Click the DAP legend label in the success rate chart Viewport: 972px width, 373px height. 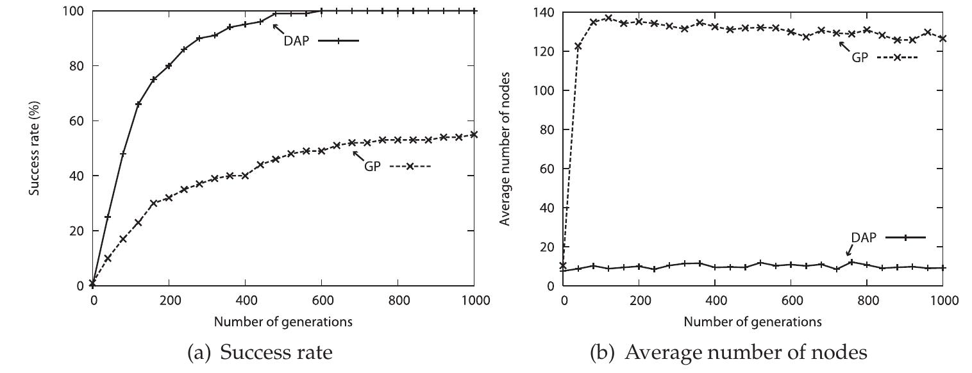[x=296, y=41]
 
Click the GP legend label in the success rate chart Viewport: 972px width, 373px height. [x=373, y=167]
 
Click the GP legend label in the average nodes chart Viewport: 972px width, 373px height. [x=859, y=57]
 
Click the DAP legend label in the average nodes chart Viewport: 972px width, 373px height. [x=863, y=237]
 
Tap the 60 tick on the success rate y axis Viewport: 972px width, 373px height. [x=79, y=120]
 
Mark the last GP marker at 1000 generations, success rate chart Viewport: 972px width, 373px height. [x=474, y=135]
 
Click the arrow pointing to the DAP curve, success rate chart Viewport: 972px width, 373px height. [x=278, y=29]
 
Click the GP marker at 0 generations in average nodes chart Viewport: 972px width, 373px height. [x=563, y=265]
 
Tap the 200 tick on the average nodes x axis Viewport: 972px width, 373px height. [x=639, y=300]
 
